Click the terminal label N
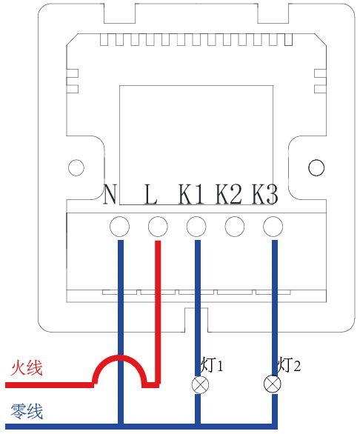click(x=110, y=194)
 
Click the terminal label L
click(x=151, y=194)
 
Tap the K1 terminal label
click(x=191, y=194)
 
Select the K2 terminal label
click(x=228, y=194)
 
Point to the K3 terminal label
click(x=264, y=194)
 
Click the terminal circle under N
click(x=119, y=227)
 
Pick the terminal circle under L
click(x=158, y=227)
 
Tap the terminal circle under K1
click(x=196, y=227)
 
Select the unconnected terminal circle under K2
click(x=235, y=227)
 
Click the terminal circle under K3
click(x=273, y=227)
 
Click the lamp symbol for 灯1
click(x=200, y=384)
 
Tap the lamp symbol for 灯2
click(x=273, y=384)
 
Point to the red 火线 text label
click(x=27, y=367)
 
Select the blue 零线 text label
click(x=27, y=411)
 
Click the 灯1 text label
click(x=212, y=365)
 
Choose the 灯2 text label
click(x=289, y=365)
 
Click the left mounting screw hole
click(x=76, y=167)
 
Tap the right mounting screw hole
click(x=316, y=167)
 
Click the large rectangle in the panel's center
click(x=196, y=85)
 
